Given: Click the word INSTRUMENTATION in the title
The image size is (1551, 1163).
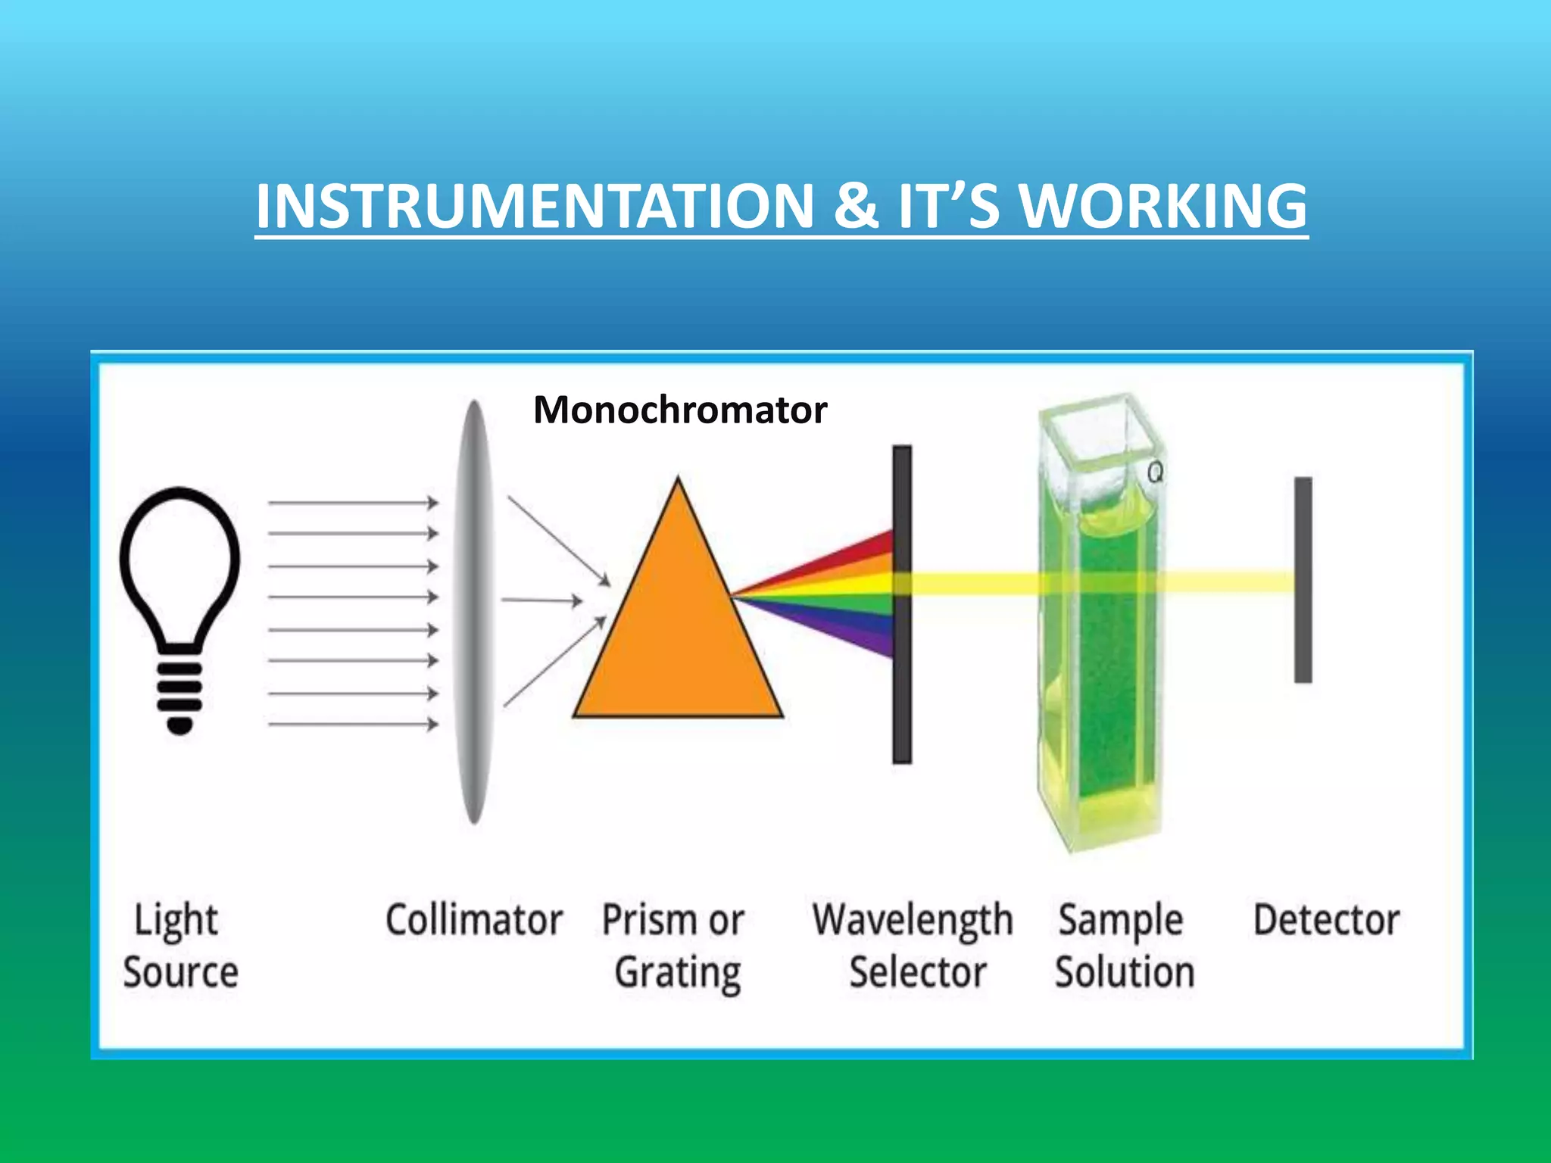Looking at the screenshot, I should (x=534, y=206).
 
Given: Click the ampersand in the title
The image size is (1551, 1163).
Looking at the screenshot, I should (x=857, y=206).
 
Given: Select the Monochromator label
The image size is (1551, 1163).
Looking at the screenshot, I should (x=679, y=410).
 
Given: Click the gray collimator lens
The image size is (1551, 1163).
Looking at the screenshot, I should (x=474, y=612).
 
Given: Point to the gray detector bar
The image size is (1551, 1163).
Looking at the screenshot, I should (x=1303, y=636).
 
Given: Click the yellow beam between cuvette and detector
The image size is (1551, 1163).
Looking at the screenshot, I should (x=1227, y=582).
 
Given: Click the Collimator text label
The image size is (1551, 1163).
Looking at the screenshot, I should (x=474, y=920).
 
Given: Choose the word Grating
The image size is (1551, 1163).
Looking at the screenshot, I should (x=678, y=972).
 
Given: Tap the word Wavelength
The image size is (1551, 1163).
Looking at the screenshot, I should (x=913, y=920).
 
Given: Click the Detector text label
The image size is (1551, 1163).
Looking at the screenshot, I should (x=1326, y=920).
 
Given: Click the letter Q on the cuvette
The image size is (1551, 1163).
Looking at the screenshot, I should (x=1155, y=472).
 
